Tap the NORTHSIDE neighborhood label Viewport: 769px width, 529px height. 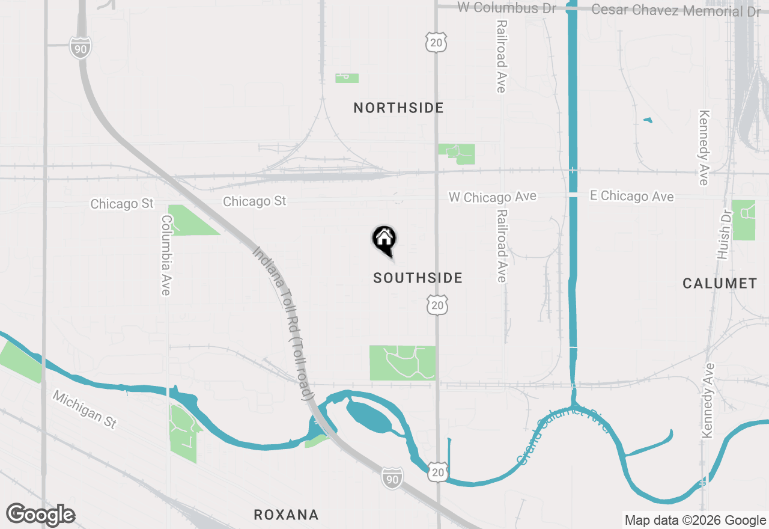(398, 108)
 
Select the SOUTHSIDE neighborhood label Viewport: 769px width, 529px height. (418, 278)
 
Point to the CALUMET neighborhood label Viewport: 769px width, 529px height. (719, 283)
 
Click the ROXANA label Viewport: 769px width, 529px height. (285, 515)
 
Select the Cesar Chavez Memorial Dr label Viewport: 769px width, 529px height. (676, 10)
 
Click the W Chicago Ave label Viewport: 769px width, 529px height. (492, 197)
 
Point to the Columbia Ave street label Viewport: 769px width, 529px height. (166, 255)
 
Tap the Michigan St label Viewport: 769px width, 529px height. (84, 409)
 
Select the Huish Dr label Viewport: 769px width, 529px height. (723, 234)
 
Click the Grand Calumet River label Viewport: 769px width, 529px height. (563, 435)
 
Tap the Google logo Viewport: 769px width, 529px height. (40, 515)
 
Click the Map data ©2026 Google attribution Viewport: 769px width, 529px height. (695, 521)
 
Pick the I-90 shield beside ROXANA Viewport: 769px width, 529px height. (391, 478)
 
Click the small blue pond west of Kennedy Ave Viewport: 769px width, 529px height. (648, 120)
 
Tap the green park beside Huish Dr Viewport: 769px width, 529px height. (744, 220)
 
